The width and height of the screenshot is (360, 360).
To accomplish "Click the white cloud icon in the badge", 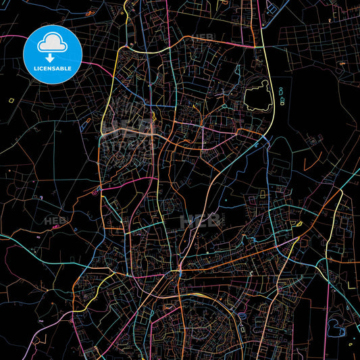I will tap(53, 43).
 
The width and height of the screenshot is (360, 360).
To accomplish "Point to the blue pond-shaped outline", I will tap(335, 329).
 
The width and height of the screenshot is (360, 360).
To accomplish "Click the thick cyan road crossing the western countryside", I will tap(34, 247).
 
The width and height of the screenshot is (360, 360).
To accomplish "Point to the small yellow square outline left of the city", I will tap(11, 100).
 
